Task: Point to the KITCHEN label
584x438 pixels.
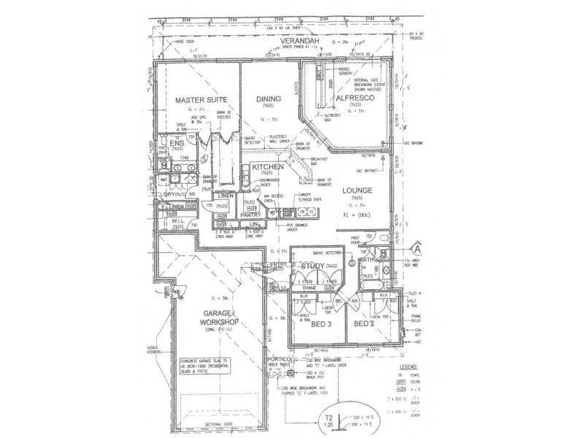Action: pyautogui.click(x=267, y=167)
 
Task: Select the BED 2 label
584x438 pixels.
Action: pyautogui.click(x=364, y=323)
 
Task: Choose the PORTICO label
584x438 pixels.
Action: pyautogui.click(x=281, y=361)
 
